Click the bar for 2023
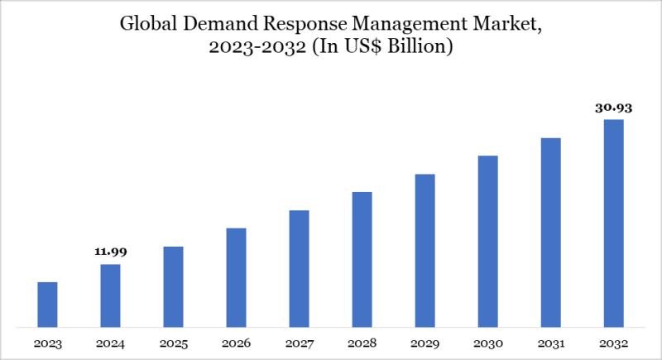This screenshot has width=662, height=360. tap(48, 304)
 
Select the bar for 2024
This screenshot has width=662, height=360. tap(110, 295)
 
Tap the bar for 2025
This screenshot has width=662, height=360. tap(173, 286)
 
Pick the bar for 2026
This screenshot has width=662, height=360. tap(236, 276)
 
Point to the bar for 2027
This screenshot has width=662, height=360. tap(299, 267)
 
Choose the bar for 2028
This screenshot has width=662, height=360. tap(362, 258)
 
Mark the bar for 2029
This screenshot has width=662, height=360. tap(425, 249)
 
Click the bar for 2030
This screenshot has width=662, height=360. tap(487, 240)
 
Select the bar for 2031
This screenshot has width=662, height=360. tap(550, 231)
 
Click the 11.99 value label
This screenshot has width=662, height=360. tap(110, 251)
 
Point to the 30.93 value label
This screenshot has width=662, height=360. tap(613, 107)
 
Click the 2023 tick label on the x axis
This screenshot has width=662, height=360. tap(48, 342)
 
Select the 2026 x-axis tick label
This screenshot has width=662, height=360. tap(236, 342)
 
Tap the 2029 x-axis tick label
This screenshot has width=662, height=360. tap(425, 342)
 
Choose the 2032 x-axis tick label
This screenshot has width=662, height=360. tap(613, 342)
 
